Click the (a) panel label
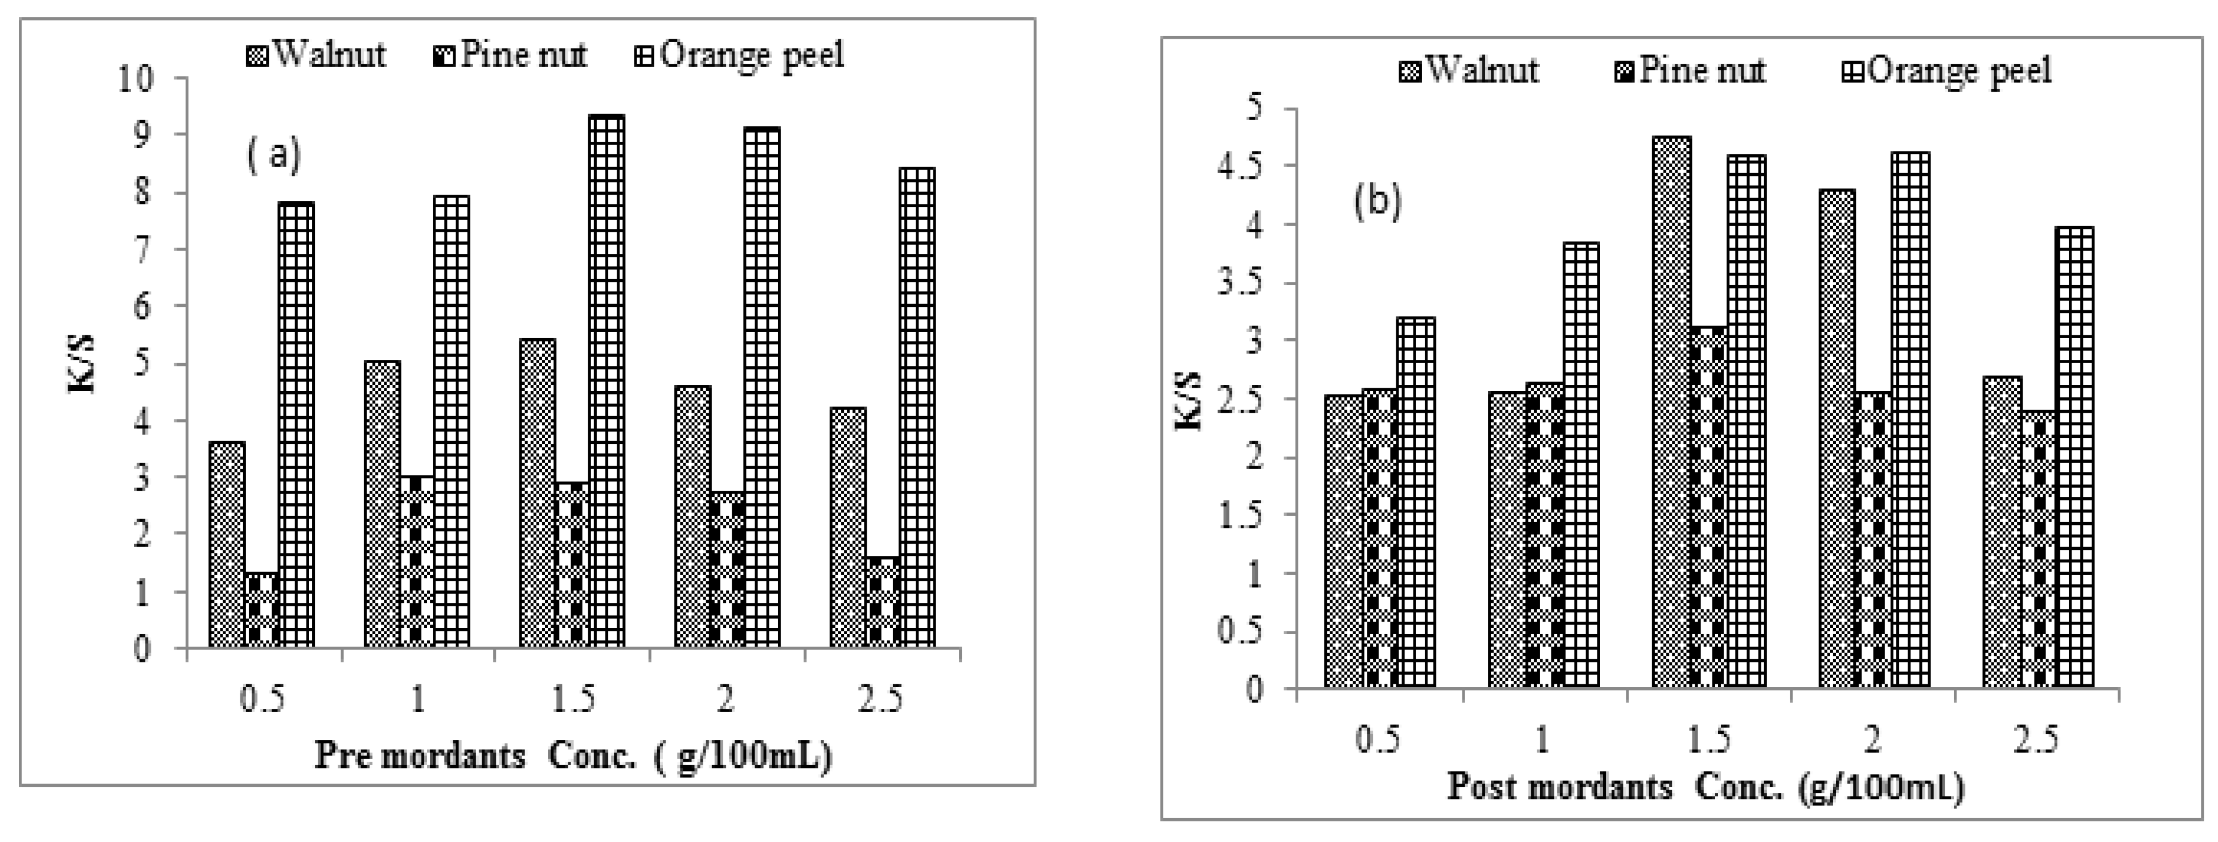(274, 157)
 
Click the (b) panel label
(1377, 202)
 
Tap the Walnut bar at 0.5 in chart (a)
(227, 544)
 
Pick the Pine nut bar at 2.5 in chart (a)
(883, 603)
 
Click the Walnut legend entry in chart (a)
(317, 55)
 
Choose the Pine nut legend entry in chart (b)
(1690, 69)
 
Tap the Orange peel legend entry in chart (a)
(742, 55)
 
